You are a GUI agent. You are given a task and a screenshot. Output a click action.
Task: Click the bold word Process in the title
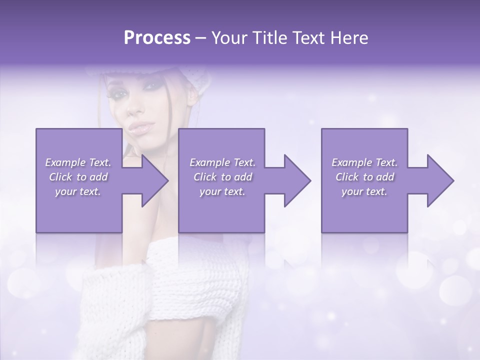(x=157, y=38)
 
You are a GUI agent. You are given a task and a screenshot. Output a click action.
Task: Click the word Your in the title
(x=228, y=38)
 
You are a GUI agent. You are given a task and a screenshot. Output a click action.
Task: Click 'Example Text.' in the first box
(x=78, y=162)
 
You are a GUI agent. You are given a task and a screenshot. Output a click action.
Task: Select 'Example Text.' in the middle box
(x=222, y=162)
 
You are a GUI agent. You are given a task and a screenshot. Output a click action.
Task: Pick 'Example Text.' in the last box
(x=364, y=162)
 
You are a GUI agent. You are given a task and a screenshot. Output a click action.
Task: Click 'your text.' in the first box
(x=78, y=191)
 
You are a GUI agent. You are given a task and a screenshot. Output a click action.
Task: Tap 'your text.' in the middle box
(x=222, y=191)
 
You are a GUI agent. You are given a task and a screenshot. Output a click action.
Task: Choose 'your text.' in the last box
(x=364, y=191)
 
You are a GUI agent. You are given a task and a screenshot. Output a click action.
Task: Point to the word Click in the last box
(x=347, y=177)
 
